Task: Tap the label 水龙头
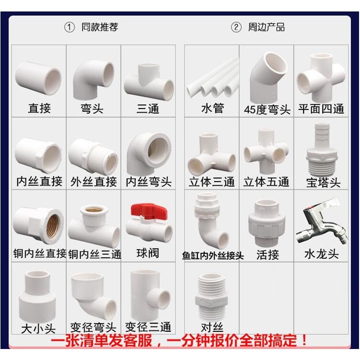321,254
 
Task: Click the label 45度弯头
267,109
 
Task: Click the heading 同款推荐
99,27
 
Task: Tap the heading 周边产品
266,27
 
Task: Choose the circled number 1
69,28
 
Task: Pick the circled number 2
236,28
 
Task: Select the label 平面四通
321,109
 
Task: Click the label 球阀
148,253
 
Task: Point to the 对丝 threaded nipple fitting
211,297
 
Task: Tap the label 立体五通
266,182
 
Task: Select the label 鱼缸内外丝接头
213,255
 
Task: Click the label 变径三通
148,327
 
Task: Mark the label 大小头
38,328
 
